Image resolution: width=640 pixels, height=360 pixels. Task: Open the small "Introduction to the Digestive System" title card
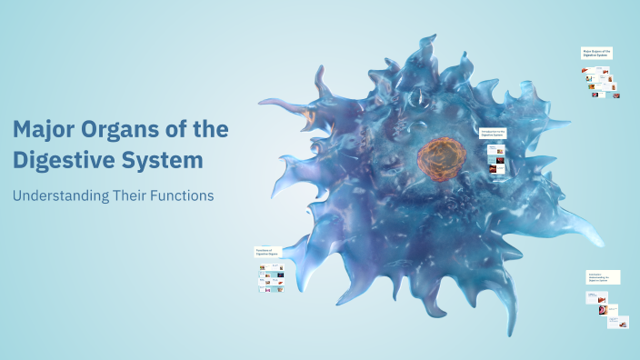494,133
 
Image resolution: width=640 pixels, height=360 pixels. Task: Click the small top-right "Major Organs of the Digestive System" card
596,53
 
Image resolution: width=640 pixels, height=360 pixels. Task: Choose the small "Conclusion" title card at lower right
603,277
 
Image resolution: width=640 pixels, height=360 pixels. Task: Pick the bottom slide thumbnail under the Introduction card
495,169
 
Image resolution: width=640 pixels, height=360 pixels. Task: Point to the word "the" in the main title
212,130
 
